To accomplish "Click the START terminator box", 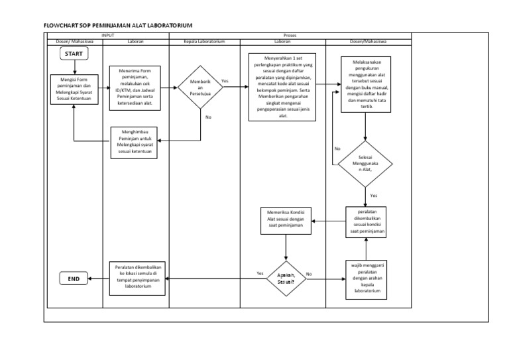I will (x=74, y=54).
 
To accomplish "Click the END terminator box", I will (x=74, y=279).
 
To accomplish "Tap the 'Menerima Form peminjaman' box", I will (x=136, y=86).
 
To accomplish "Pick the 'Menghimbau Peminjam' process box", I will (x=135, y=141).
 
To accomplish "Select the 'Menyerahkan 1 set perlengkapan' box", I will (x=282, y=87).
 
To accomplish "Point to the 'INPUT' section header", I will (x=107, y=35).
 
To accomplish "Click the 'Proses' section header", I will (x=290, y=35).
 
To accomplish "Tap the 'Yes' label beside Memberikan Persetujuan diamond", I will (x=225, y=81).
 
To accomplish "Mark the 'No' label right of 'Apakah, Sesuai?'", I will (x=309, y=274).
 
